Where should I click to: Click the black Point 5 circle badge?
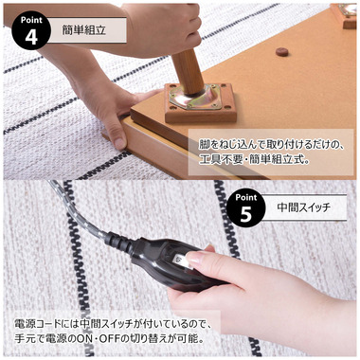pyautogui.click(x=245, y=207)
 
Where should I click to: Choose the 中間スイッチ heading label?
pyautogui.click(x=304, y=206)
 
